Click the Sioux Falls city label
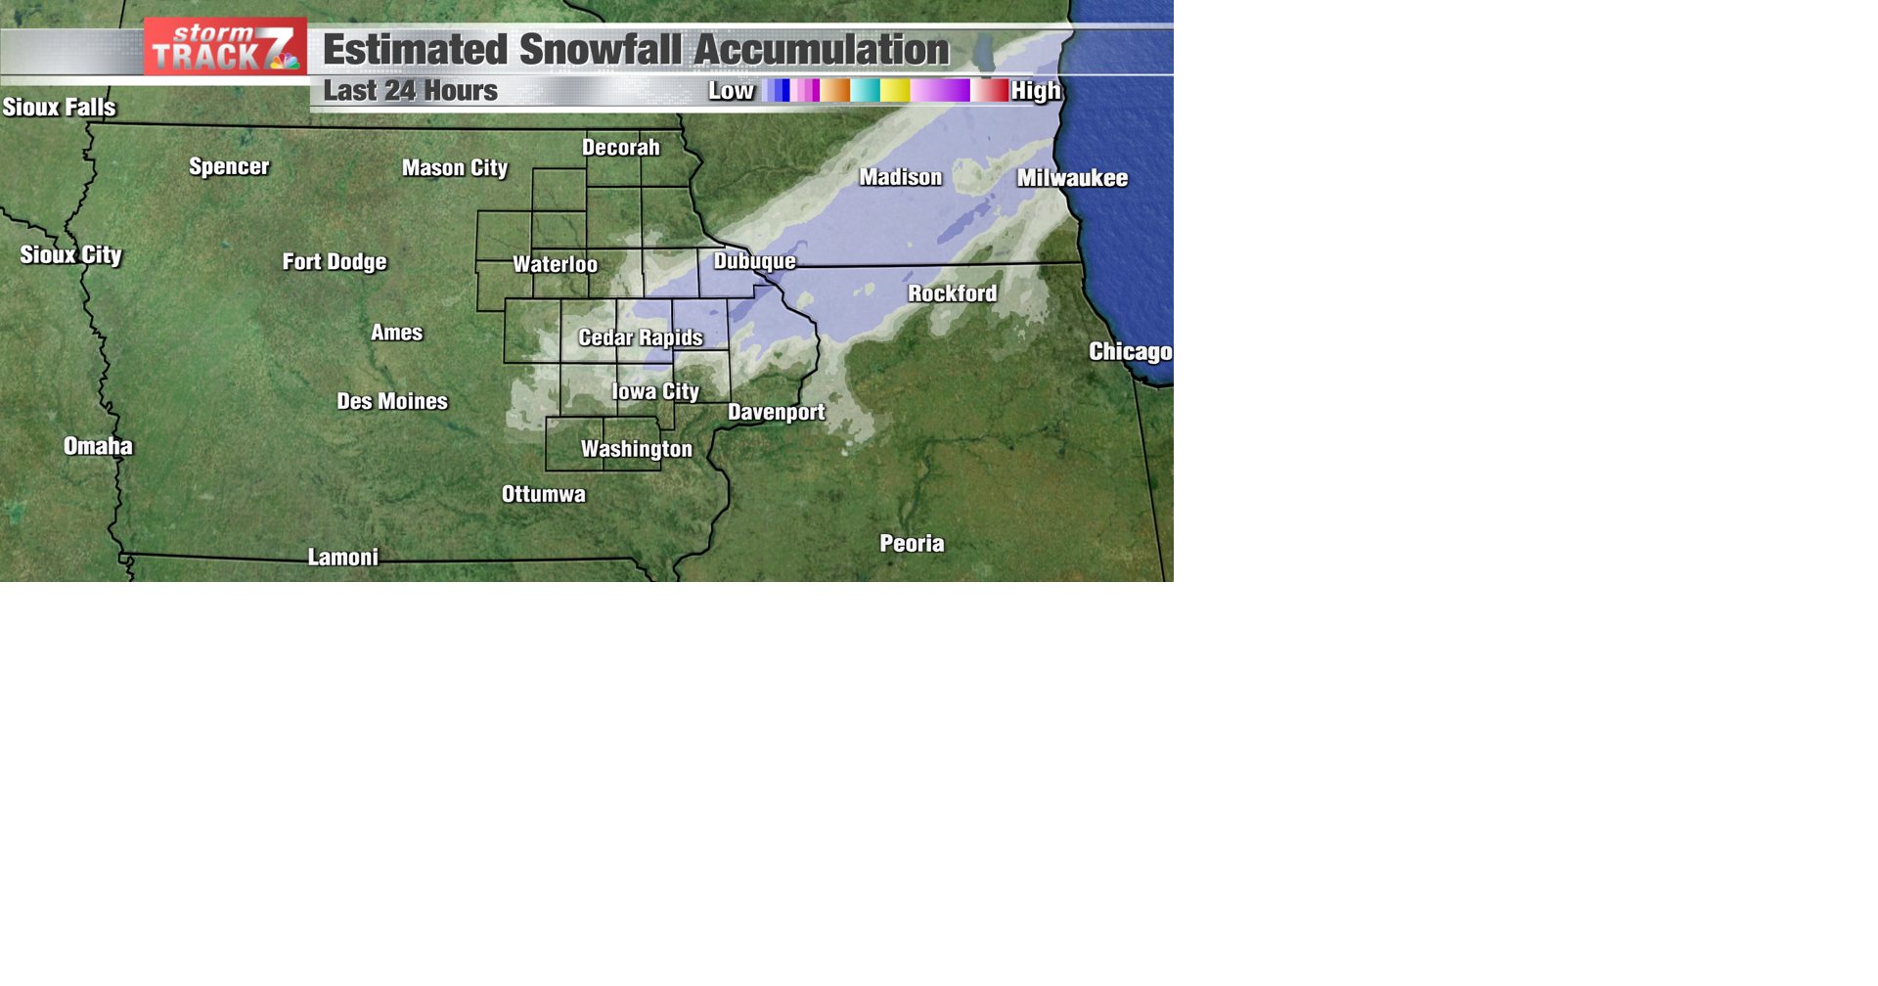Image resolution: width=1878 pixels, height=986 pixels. coord(59,107)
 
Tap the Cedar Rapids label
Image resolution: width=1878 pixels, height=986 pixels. coord(641,337)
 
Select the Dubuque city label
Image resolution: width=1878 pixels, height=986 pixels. coord(754,261)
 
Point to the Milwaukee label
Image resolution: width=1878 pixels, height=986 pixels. coord(1072,178)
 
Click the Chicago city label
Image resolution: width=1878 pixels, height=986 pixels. coord(1130,352)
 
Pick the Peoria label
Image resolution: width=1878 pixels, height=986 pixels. coord(912,544)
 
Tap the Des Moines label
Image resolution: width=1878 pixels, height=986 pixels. coord(392,401)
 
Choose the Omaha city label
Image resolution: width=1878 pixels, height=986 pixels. coord(98,446)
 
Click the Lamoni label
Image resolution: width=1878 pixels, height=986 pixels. coord(342,558)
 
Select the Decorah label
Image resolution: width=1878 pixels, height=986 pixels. coord(620,148)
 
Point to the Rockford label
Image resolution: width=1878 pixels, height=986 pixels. coord(952,293)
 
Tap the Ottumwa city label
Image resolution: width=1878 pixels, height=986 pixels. coord(544,494)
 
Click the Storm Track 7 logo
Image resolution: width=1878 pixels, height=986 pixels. coord(225,47)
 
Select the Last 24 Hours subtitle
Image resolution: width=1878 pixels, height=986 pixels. coord(410,91)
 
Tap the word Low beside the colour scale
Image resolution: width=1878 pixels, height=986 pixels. coord(731,91)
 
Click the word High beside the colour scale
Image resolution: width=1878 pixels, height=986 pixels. coord(1035,91)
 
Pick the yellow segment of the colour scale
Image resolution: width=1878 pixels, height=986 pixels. coord(895,91)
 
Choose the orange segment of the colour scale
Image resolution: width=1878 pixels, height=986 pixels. coord(835,91)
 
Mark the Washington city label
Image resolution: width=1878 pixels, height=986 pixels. coord(636,449)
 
